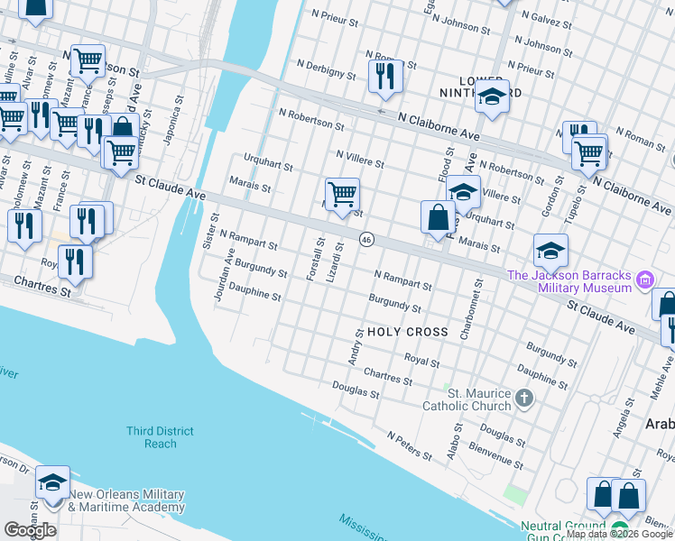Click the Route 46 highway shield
[x=365, y=239]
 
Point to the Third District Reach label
[x=160, y=437]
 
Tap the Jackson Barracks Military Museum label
[x=569, y=281]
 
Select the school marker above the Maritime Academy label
[x=52, y=483]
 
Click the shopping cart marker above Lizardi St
[x=342, y=194]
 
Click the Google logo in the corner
[x=30, y=530]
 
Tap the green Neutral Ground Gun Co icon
[x=618, y=527]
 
